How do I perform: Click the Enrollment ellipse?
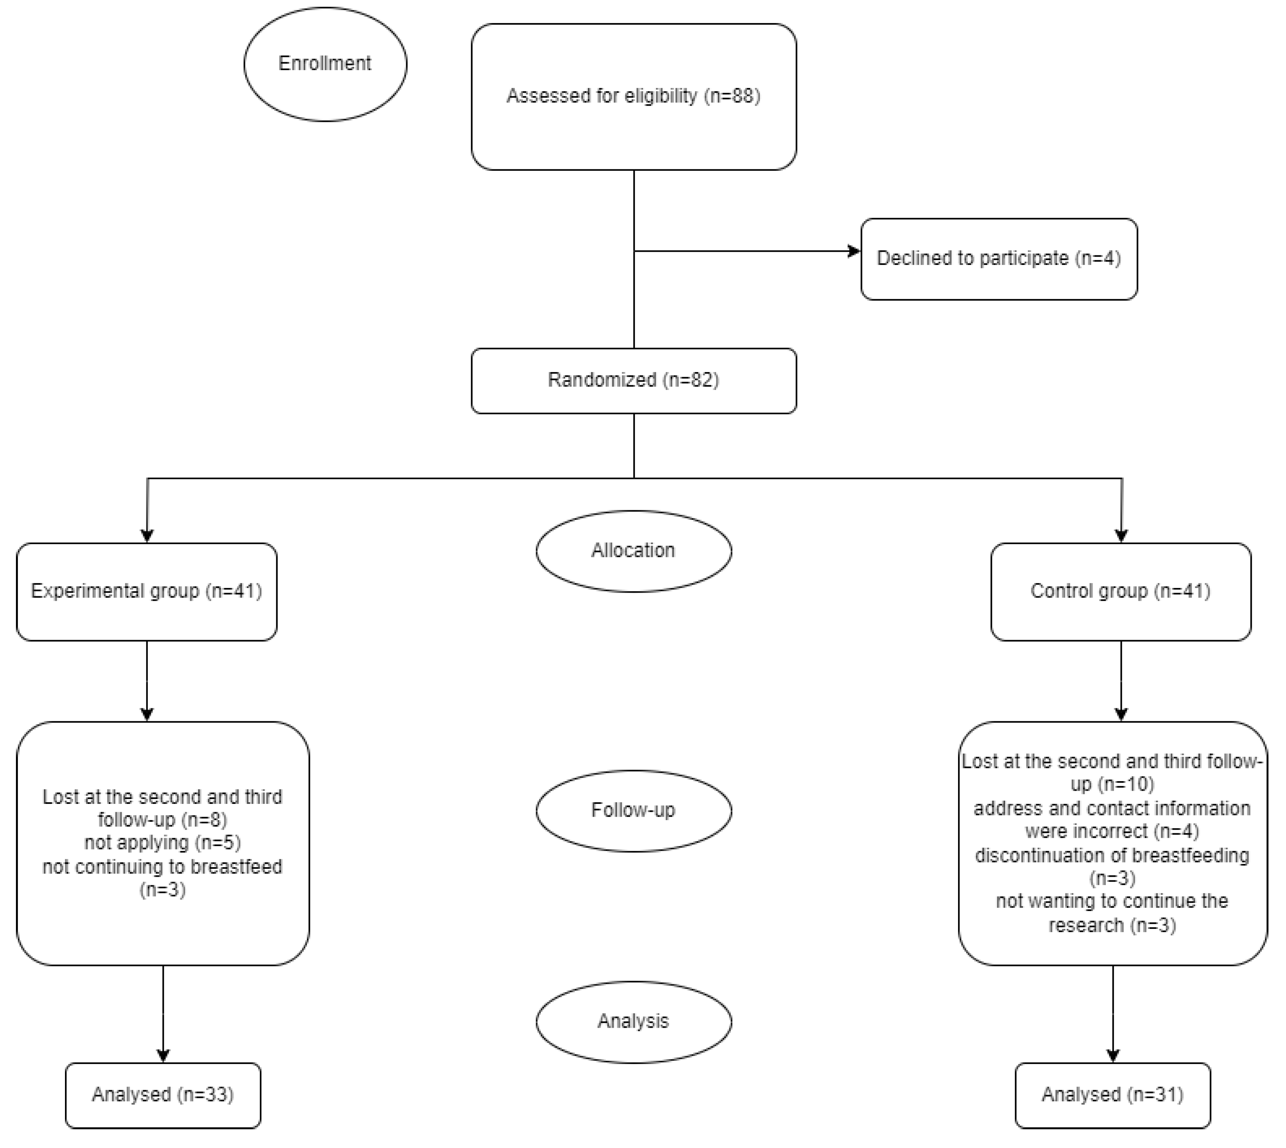coord(325,64)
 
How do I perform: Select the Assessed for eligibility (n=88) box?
coord(634,96)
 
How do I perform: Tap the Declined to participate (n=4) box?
coord(999,259)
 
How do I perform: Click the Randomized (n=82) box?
coord(634,380)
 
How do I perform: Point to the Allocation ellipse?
coord(634,550)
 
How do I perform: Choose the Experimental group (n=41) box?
coord(146,591)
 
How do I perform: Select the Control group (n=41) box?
coord(1121,591)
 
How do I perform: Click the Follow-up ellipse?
coord(634,811)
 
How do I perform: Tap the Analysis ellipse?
coord(634,1021)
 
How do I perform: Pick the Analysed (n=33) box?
coord(163,1094)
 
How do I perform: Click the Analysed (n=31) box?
coord(1113,1094)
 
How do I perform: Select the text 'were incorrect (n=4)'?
coord(1112,831)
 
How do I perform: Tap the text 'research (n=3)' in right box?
coord(1112,925)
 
